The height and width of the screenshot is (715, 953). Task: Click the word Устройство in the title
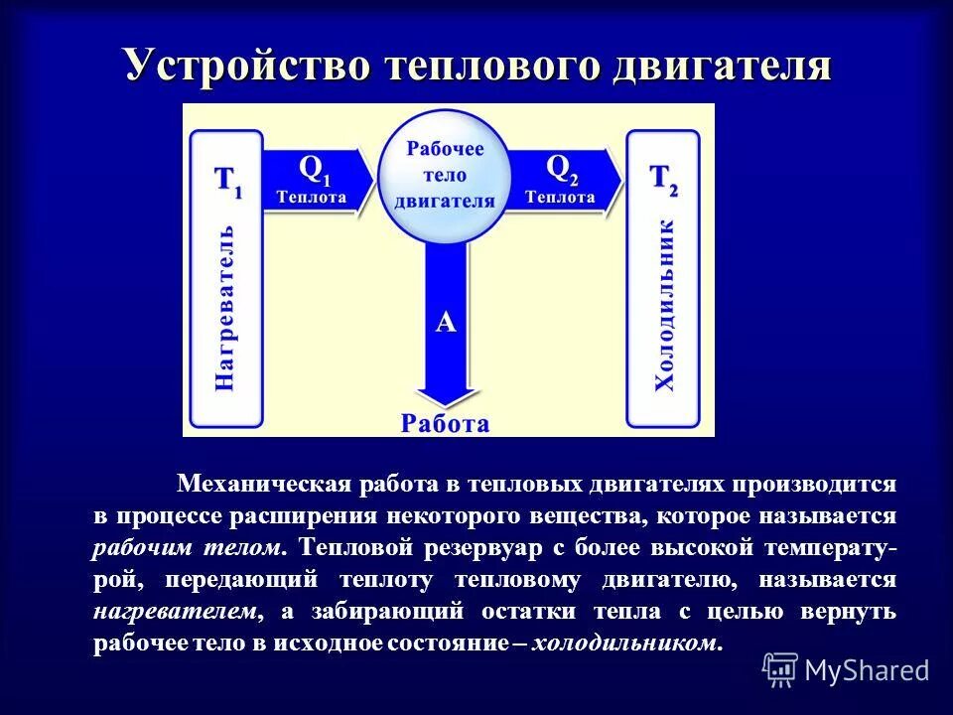(248, 67)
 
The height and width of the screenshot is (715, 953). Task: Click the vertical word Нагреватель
(226, 313)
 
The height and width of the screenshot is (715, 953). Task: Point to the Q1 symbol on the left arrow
(313, 169)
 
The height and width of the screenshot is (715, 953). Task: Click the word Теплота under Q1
(312, 197)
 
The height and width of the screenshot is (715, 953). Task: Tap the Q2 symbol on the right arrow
(561, 169)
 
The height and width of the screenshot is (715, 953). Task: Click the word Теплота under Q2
(560, 197)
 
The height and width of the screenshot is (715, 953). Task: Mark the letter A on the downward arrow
(446, 323)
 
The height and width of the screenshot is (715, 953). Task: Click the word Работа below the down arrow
(446, 424)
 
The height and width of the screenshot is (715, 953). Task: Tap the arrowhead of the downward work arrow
(446, 392)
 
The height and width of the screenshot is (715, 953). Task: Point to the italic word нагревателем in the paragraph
(179, 611)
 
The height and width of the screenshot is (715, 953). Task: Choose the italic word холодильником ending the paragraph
(623, 643)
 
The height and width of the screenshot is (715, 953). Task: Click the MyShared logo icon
(779, 669)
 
